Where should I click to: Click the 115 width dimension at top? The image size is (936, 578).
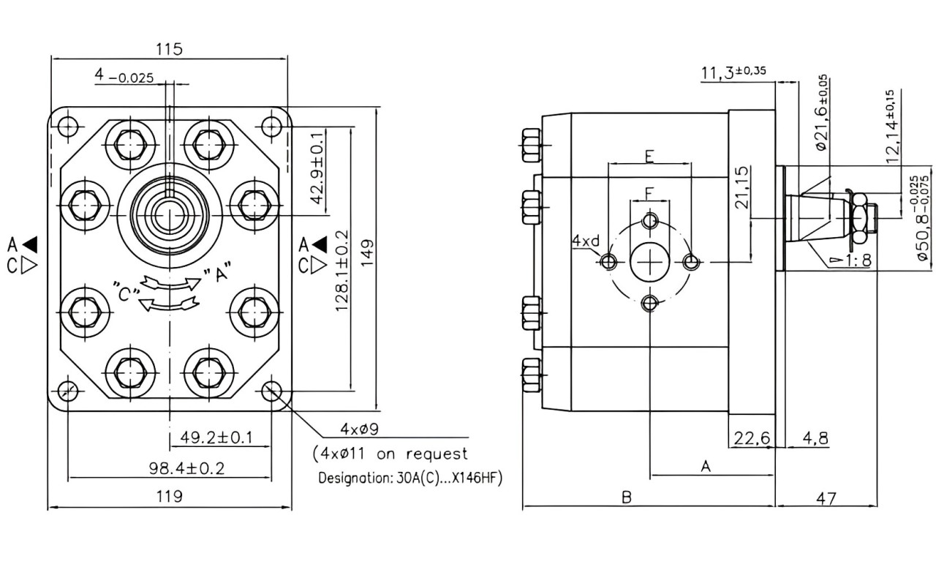click(169, 49)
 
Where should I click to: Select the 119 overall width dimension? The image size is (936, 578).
click(169, 497)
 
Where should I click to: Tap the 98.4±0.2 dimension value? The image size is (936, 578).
click(186, 468)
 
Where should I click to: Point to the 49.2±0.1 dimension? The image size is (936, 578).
click(216, 438)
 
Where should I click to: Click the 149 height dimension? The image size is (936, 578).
click(367, 252)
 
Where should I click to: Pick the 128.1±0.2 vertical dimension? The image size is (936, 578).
click(341, 271)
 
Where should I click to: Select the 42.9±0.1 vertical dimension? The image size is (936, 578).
click(317, 168)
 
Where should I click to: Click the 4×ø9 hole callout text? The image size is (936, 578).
click(360, 429)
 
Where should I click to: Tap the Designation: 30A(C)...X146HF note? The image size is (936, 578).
click(410, 478)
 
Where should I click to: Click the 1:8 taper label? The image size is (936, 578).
click(858, 260)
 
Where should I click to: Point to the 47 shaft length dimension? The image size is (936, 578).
click(826, 498)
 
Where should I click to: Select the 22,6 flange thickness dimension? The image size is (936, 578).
click(752, 438)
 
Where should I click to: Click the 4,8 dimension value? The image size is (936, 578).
click(815, 438)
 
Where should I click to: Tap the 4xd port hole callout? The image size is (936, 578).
click(586, 241)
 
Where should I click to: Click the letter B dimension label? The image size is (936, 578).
click(627, 498)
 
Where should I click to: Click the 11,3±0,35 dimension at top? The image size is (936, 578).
click(733, 72)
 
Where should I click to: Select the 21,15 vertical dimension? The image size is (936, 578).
click(741, 187)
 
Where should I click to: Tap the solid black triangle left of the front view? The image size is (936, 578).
click(30, 244)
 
